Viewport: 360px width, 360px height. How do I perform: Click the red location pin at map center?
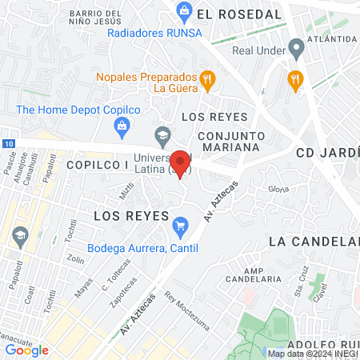coord(182,162)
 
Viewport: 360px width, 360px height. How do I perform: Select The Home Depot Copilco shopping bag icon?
coord(122,125)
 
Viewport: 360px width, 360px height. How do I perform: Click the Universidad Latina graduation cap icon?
coord(163,134)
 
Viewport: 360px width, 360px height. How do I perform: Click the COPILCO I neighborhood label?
coord(98,164)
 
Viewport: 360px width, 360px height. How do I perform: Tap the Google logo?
coord(27,350)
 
